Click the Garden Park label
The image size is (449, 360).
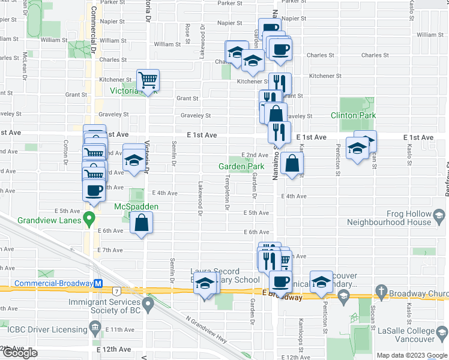point(241,166)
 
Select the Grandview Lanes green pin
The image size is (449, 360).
point(90,217)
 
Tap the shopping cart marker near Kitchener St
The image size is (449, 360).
point(148,79)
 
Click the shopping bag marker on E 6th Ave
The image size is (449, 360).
point(140,223)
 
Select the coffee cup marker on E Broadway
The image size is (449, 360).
point(280,281)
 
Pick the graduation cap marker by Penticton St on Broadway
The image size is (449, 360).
point(322,282)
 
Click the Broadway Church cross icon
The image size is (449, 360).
point(381,293)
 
